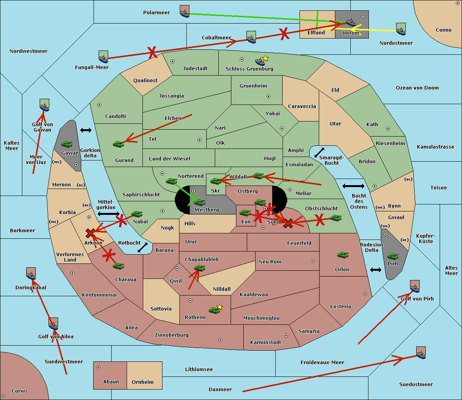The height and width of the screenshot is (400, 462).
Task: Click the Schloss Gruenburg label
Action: [249, 69]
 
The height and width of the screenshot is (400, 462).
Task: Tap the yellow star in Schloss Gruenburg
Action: [265, 59]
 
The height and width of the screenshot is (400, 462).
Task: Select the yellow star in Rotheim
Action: [219, 307]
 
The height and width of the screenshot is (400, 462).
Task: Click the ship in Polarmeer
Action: [184, 12]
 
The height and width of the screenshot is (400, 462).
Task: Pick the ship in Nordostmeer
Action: [401, 29]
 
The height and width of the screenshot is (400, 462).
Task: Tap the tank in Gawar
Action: [67, 144]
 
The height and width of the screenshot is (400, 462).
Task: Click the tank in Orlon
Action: [343, 255]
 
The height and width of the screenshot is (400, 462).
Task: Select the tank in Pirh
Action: [393, 257]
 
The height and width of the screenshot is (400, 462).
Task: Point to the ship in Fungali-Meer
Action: [103, 57]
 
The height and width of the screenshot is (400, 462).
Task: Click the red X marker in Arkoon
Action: [90, 233]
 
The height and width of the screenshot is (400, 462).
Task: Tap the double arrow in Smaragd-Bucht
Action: [319, 153]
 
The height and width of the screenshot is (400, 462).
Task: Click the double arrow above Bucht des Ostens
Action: [353, 186]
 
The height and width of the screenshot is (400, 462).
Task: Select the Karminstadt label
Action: [266, 343]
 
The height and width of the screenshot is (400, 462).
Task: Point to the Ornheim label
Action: [142, 382]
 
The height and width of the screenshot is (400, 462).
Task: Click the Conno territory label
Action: [444, 30]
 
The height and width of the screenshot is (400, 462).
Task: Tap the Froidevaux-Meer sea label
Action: [322, 363]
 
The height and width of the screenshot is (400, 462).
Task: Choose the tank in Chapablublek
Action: [199, 268]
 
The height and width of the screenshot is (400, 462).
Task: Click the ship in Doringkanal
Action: [31, 274]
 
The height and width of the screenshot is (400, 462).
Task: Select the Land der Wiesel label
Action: [169, 159]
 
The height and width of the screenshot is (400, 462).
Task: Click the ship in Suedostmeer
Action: [421, 353]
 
